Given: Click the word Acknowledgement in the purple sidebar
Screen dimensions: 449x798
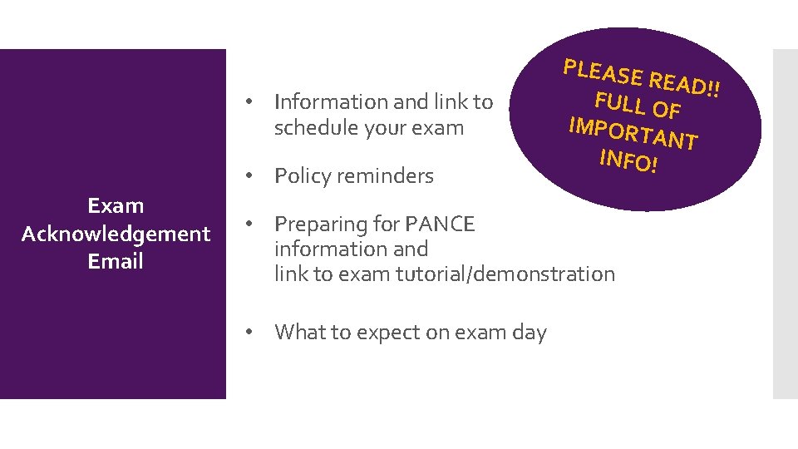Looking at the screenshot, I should pyautogui.click(x=116, y=234).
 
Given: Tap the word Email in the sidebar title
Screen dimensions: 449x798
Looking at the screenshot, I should pyautogui.click(x=116, y=261).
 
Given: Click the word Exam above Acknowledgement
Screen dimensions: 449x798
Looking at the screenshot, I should pyautogui.click(x=116, y=205).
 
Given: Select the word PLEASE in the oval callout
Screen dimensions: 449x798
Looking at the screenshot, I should pyautogui.click(x=603, y=73).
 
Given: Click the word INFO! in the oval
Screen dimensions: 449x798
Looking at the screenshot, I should pyautogui.click(x=628, y=160).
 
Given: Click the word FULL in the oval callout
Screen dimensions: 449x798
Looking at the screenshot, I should pyautogui.click(x=619, y=103).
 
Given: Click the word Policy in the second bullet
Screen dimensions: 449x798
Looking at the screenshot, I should pyautogui.click(x=303, y=176).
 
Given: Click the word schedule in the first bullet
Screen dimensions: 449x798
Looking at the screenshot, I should pyautogui.click(x=315, y=128).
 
